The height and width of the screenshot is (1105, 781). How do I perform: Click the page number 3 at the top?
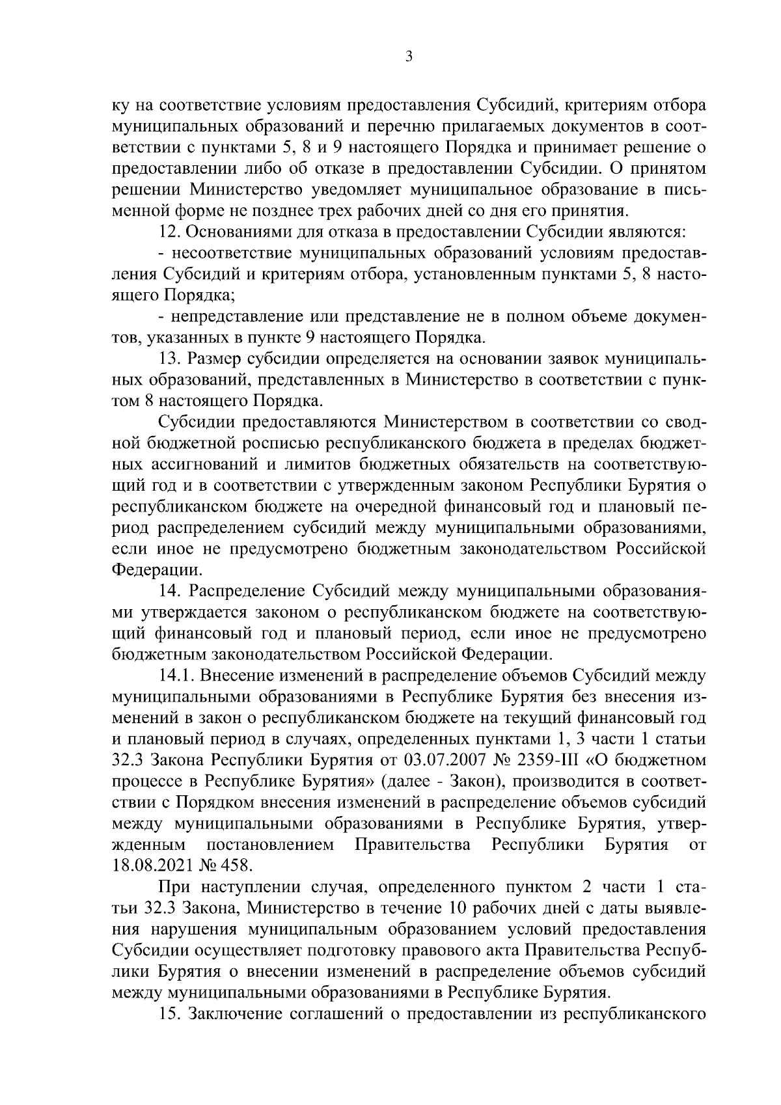(x=408, y=57)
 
